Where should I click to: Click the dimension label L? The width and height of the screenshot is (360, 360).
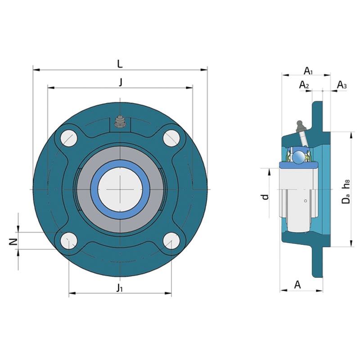coord(120,64)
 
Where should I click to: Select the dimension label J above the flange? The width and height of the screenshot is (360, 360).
coord(121,82)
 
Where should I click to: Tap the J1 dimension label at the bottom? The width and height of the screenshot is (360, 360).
coord(119,288)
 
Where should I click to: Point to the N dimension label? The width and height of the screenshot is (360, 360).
coord(13,242)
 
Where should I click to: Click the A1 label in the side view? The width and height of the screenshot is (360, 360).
coord(308,71)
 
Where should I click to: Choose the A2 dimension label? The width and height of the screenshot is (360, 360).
coord(304,85)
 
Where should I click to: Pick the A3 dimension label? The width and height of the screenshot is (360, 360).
coord(342,85)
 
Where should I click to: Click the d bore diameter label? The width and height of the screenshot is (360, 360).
coord(265,197)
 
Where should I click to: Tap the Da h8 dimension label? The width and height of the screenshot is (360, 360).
coord(346,191)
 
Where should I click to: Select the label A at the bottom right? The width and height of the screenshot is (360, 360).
coord(297,285)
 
